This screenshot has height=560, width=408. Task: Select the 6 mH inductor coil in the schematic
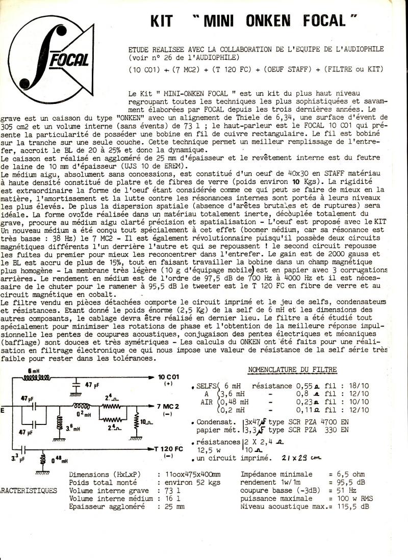[37, 378]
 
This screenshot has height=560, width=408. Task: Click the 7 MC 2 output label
[169, 406]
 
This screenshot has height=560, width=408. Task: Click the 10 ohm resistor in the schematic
[137, 421]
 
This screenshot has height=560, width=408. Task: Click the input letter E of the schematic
[4, 407]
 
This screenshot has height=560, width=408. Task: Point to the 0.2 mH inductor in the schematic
[85, 406]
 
